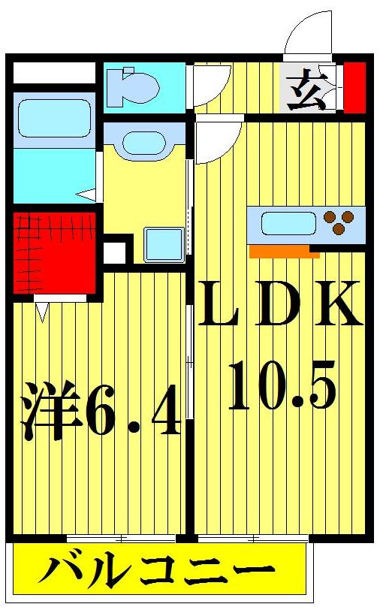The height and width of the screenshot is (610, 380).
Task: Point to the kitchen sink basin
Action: pos(288,223)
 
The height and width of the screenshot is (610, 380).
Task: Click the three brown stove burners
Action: pos(339,223)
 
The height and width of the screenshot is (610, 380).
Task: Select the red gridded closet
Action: pos(54,252)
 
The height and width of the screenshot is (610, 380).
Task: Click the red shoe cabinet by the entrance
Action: pos(354,87)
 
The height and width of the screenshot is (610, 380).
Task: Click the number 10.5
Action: pos(281,385)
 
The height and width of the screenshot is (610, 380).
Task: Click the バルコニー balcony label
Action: pos(157,575)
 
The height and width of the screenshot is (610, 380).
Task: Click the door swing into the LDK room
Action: pos(218,140)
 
